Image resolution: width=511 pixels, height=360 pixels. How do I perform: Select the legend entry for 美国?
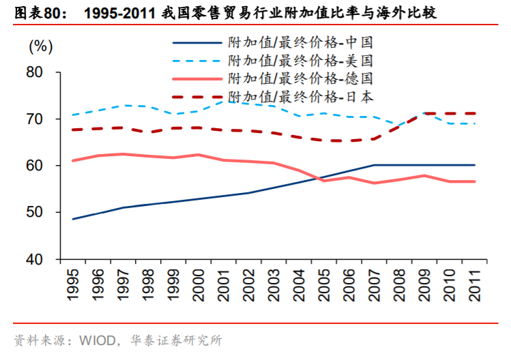(x=300, y=61)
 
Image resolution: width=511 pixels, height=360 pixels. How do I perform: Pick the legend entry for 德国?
(x=300, y=79)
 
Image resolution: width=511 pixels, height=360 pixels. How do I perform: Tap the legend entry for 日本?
(x=300, y=97)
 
